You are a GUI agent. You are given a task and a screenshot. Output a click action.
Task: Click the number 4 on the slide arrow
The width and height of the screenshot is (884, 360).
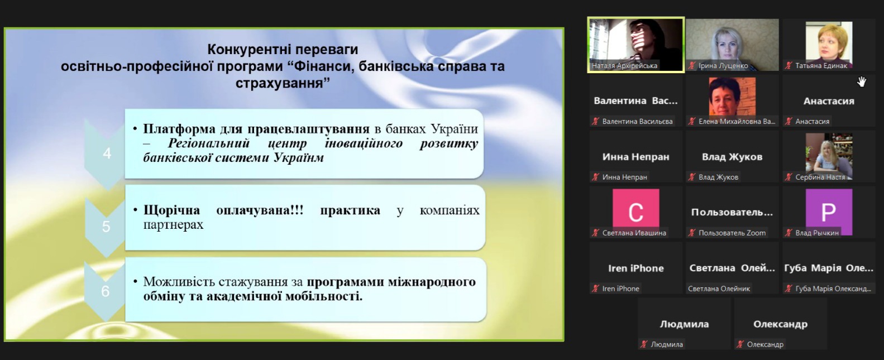[x=107, y=153]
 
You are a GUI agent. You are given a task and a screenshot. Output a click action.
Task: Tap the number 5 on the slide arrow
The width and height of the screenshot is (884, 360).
[x=106, y=227]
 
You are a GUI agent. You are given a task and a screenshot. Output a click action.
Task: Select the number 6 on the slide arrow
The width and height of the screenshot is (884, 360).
[x=106, y=291]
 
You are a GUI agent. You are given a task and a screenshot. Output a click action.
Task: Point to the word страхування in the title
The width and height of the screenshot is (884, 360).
[x=283, y=83]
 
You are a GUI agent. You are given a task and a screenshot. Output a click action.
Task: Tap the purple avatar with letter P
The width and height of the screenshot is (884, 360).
[x=829, y=212]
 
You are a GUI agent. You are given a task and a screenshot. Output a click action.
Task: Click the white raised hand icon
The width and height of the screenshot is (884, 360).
[x=862, y=81]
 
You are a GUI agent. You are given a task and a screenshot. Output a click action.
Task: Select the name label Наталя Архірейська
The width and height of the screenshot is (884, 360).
[x=624, y=66]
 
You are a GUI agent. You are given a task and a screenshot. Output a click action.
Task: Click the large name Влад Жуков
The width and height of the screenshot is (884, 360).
[x=732, y=157]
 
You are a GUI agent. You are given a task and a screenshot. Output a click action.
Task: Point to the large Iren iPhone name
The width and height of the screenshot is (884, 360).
[x=635, y=268]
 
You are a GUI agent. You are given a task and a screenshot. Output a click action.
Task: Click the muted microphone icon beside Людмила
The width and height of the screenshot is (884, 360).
[x=644, y=344]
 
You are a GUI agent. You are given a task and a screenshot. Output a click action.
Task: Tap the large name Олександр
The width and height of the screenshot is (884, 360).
[x=780, y=324]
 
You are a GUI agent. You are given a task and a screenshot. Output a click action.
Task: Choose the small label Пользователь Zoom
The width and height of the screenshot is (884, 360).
[x=732, y=233]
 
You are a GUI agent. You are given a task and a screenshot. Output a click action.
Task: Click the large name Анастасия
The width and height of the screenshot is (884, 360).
[x=829, y=102]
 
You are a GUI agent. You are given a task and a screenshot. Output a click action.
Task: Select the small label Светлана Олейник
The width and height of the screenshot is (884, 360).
[x=719, y=289]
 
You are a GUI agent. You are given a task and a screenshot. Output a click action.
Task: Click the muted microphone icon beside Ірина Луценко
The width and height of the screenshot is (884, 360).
[x=692, y=66]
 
